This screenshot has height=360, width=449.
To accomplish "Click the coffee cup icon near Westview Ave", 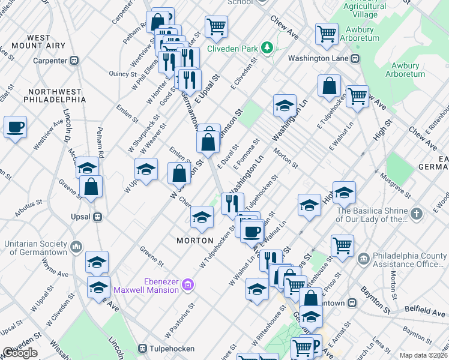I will pos(16,128).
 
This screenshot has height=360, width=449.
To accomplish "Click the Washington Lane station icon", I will pos(355,59).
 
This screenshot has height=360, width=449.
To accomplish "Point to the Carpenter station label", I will pos(50,61).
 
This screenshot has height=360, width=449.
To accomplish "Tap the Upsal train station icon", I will pos(95,217).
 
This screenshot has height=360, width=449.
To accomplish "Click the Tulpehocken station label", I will pos(174,348).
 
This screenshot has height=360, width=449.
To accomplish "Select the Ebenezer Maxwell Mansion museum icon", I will pos(187,283).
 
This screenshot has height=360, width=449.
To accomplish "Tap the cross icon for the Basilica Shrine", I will pos(432,213).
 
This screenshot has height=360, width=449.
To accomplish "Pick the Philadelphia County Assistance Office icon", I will pos(363,259).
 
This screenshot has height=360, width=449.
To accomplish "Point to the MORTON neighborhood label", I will pos(195,241).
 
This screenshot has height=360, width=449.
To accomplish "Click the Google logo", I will pos(20,353).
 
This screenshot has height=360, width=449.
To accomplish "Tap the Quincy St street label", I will pos(123,74).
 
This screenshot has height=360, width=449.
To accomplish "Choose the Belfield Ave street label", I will pos(424,311).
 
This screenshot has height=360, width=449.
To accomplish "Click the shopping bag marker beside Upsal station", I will pos(91,187).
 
